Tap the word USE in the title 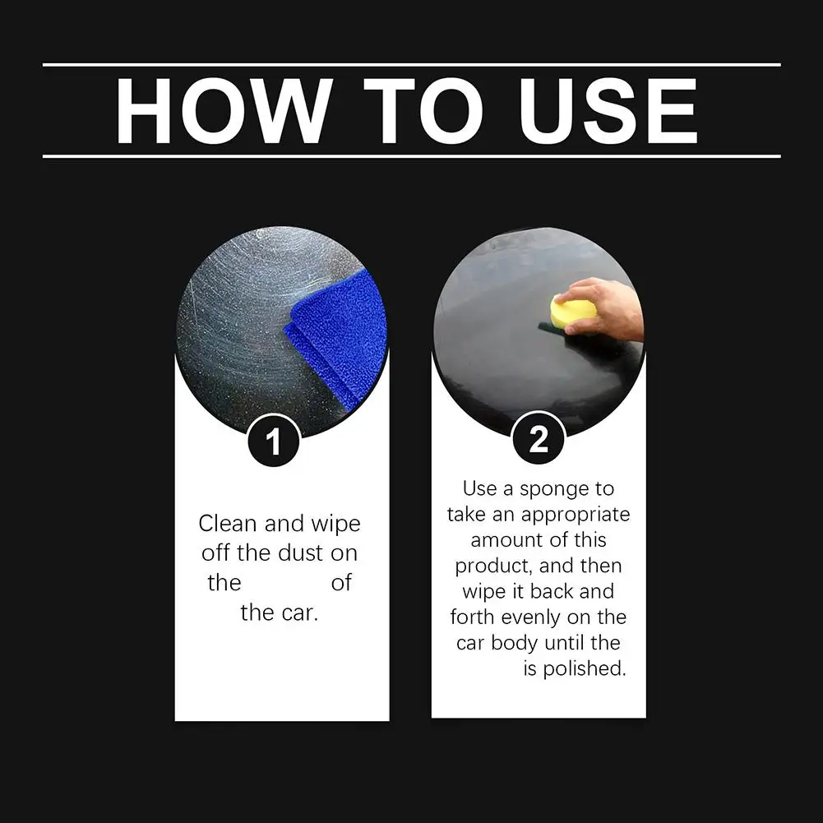point(608,111)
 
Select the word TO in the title point(423,111)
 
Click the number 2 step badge point(539,437)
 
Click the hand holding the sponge point(603,310)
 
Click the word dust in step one point(300,553)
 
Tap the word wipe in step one point(336,525)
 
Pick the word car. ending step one point(300,613)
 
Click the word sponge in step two point(554,490)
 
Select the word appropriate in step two point(576,516)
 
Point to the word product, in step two point(493,566)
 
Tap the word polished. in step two point(585,668)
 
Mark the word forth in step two point(473,617)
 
